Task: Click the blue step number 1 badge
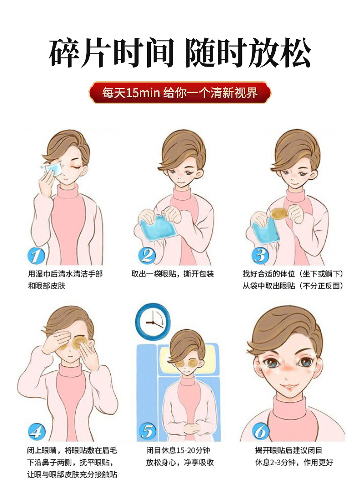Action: (x=36, y=255)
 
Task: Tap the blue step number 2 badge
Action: (x=147, y=255)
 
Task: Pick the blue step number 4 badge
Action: (x=36, y=432)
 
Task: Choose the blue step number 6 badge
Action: (x=261, y=432)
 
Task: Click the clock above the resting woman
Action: (x=153, y=322)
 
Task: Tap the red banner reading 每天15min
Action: (x=180, y=93)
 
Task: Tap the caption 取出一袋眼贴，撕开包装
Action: (x=172, y=274)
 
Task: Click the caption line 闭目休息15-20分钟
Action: (x=178, y=450)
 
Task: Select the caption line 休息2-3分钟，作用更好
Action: (x=294, y=463)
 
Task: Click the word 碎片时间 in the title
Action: (x=112, y=52)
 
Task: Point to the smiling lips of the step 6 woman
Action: (x=288, y=386)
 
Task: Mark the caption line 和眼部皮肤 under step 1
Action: (x=46, y=286)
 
